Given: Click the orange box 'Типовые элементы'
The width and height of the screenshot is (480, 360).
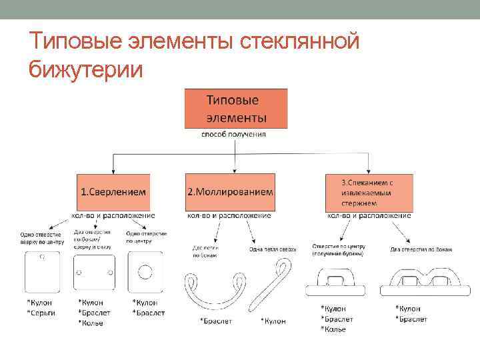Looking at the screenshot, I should pyautogui.click(x=237, y=109).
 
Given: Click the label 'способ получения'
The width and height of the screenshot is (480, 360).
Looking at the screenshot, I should pyautogui.click(x=234, y=134).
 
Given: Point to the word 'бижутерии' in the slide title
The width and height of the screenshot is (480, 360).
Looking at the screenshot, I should pyautogui.click(x=86, y=69).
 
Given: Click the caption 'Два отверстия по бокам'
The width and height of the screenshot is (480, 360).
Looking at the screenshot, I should pyautogui.click(x=421, y=249).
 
